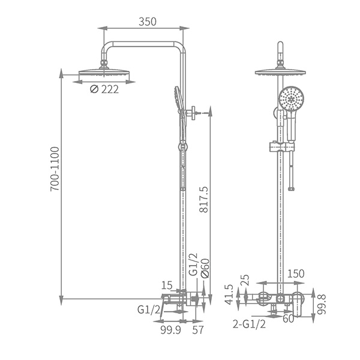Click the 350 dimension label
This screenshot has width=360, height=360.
coord(148,22)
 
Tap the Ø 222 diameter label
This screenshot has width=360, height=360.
coord(104,89)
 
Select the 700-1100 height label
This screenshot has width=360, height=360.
coord(55,169)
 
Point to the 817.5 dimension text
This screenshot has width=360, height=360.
coord(203,199)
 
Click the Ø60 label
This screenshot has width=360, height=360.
coord(205,268)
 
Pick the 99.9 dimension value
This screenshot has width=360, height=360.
coord(170,330)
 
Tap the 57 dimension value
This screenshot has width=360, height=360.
coord(197,330)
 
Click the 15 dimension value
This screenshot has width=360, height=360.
coord(167,286)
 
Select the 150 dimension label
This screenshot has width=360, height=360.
coord(296,274)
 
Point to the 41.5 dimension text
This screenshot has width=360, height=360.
coord(229,295)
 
